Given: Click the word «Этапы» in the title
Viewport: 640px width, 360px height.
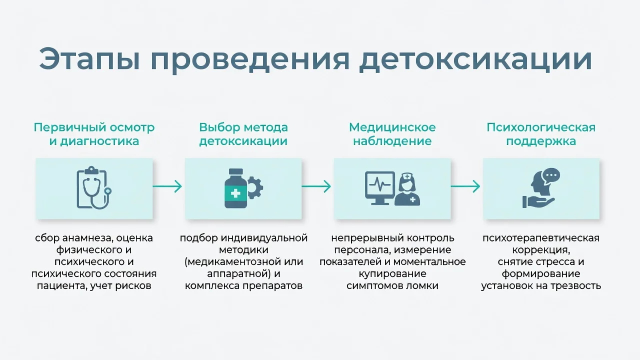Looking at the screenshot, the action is [x=89, y=59].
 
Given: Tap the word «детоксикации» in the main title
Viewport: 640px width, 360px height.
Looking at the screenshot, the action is [x=475, y=60].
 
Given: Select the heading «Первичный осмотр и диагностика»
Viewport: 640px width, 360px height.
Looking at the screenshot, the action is [x=94, y=134].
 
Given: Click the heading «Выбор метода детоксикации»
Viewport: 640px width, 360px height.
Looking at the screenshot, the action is [x=243, y=134].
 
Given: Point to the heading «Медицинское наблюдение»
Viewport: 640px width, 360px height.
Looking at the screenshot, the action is [x=392, y=134].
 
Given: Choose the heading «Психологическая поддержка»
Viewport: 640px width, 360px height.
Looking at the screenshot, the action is [x=541, y=134].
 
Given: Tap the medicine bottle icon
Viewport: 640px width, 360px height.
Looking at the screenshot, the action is [x=235, y=188].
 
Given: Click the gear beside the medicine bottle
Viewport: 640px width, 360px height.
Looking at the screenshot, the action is [x=255, y=187].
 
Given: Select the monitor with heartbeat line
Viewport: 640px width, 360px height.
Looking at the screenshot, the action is [x=380, y=188].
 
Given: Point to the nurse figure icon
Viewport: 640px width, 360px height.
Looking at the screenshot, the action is [x=407, y=189].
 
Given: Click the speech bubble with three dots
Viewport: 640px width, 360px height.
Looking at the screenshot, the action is [x=551, y=175].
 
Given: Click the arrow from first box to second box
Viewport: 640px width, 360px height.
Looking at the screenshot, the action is [x=167, y=186].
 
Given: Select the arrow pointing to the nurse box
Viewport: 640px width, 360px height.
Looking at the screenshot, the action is [x=316, y=186].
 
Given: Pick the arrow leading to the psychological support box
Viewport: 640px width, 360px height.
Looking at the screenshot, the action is [x=465, y=186].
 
